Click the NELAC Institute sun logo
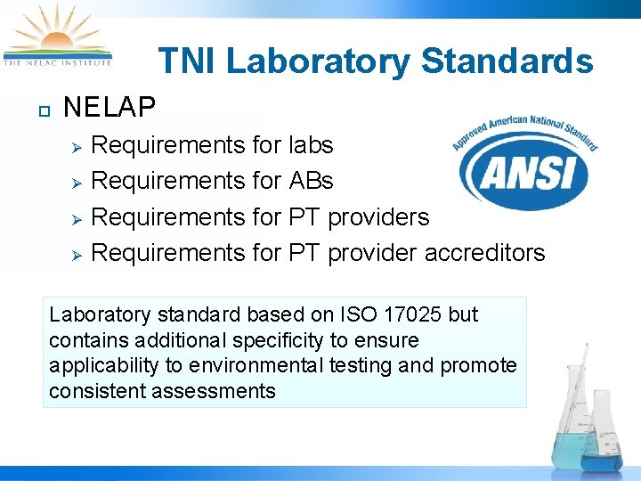pyautogui.click(x=58, y=36)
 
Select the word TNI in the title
pyautogui.click(x=187, y=61)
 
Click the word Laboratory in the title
pyautogui.click(x=318, y=61)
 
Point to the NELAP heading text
pyautogui.click(x=110, y=109)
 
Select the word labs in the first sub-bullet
pyautogui.click(x=311, y=144)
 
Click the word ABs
pyautogui.click(x=311, y=181)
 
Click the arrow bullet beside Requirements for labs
pyautogui.click(x=77, y=146)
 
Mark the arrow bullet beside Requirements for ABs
pyautogui.click(x=77, y=183)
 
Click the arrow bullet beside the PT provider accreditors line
pyautogui.click(x=77, y=255)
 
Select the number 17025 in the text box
pyautogui.click(x=419, y=314)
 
